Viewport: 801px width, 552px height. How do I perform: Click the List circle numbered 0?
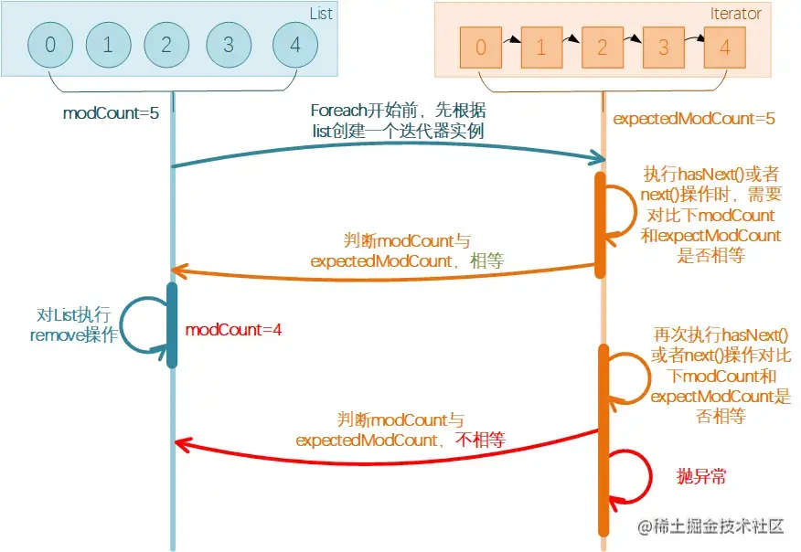50,45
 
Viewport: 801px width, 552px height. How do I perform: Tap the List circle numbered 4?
295,45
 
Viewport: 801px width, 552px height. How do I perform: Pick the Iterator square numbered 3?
665,47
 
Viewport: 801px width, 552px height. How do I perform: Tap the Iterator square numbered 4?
725,47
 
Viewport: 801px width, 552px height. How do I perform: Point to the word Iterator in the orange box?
735,14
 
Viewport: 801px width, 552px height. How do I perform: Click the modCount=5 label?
99,114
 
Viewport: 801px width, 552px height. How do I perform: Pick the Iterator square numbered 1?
541,47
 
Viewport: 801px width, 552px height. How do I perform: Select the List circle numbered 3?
230,45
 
